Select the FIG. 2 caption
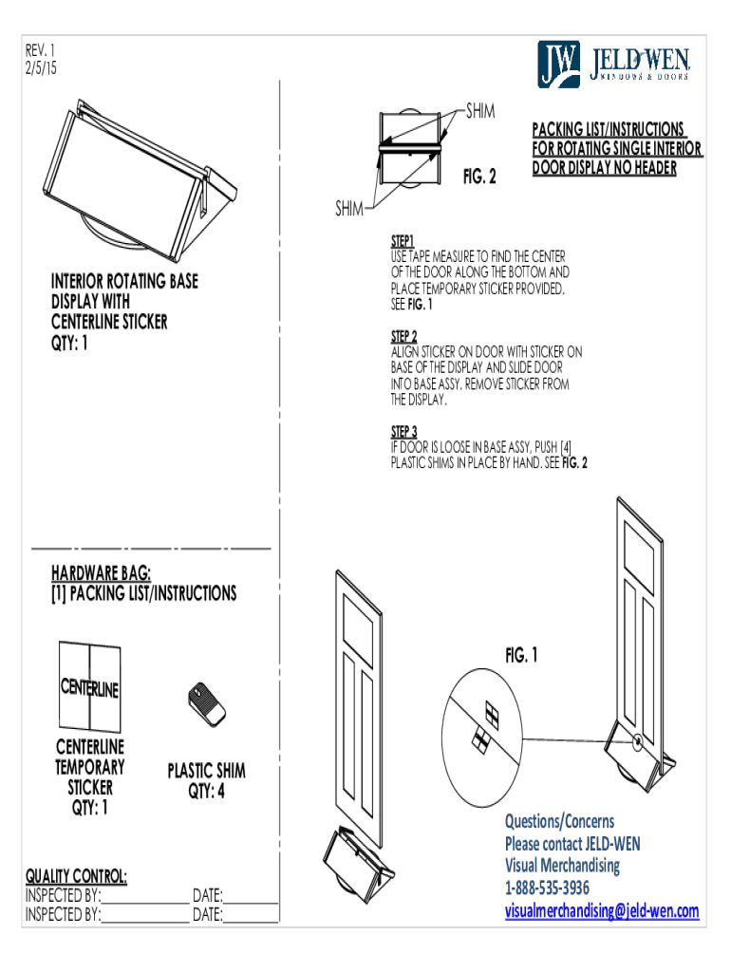(x=479, y=177)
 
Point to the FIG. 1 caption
(x=521, y=655)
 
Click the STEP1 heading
(x=403, y=242)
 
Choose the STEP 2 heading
(x=404, y=337)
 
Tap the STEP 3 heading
(x=404, y=431)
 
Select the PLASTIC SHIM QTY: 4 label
(x=207, y=779)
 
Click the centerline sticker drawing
(x=90, y=686)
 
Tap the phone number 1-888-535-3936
(x=547, y=888)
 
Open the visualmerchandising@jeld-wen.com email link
(x=601, y=911)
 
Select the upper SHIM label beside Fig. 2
(x=480, y=112)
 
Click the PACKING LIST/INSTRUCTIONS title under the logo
(x=608, y=129)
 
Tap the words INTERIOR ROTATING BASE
(x=124, y=282)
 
